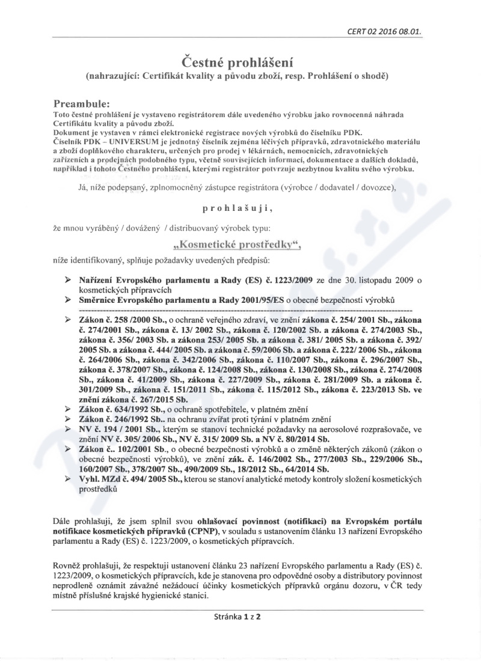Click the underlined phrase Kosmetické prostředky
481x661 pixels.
click(x=240, y=245)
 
